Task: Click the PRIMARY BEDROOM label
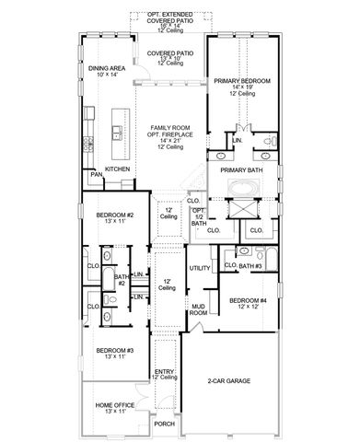pos(242,81)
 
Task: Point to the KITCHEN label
pos(117,169)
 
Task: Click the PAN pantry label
pos(97,174)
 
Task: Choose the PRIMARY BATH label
pos(241,169)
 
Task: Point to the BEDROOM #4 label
pos(248,301)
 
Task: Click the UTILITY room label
pos(200,267)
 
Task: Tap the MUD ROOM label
pos(198,309)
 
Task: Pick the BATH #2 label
pos(121,282)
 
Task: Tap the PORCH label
pos(165,425)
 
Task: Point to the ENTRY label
pos(165,371)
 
